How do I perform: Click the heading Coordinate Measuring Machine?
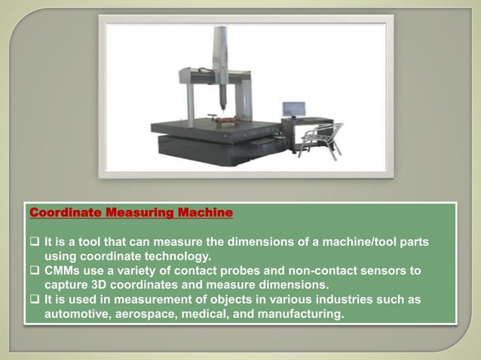pos(130,214)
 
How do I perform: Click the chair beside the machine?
pos(320,139)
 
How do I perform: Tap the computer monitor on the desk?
pos(293,110)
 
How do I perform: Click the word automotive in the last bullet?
pos(79,313)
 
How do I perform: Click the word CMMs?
pos(63,270)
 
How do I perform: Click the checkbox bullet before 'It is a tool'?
pos(35,243)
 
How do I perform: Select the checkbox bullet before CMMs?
pos(35,270)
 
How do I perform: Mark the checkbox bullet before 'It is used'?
pos(35,299)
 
